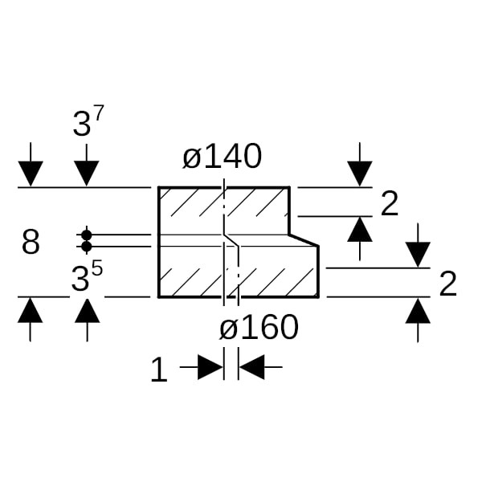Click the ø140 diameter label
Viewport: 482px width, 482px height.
[x=222, y=157]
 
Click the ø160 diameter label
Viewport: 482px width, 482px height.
[x=259, y=327]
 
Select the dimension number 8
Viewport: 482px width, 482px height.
[x=31, y=242]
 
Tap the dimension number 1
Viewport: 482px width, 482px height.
[x=159, y=370]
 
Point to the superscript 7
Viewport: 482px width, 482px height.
[x=99, y=113]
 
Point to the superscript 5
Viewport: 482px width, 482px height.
[x=97, y=268]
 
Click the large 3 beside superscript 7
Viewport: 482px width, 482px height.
[x=82, y=124]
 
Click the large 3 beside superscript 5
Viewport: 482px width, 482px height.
[x=80, y=279]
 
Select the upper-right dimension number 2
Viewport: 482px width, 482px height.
[x=389, y=203]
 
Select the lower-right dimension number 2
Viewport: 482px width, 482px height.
[x=448, y=284]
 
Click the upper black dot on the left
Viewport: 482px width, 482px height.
[x=87, y=235]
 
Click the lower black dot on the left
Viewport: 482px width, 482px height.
[x=87, y=247]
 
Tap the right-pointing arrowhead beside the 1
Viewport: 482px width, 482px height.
[x=210, y=367]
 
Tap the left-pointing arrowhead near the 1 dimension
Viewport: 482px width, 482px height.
[x=251, y=367]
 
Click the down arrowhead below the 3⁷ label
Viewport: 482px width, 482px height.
[x=87, y=174]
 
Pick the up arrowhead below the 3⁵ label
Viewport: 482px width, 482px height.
[x=88, y=310]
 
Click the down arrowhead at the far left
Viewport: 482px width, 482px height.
[x=31, y=174]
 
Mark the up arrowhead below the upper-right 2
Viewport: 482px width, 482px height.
[x=360, y=229]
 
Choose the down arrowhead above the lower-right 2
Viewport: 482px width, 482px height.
[x=418, y=255]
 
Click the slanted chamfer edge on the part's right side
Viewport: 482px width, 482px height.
[x=304, y=240]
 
